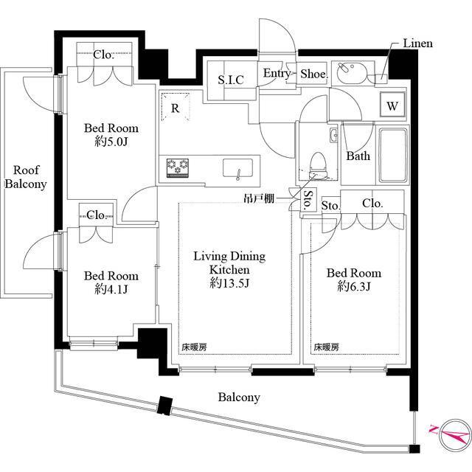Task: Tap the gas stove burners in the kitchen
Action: pos(178,167)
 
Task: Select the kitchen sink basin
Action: pos(237,168)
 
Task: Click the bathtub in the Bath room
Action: pos(393,156)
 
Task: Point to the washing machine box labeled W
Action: pos(392,105)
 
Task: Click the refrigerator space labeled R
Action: pos(176,107)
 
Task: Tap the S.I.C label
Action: pos(231,80)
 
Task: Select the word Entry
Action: pos(276,74)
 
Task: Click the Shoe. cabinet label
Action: pos(314,74)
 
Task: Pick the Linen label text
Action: pos(418,44)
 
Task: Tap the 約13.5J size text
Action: pos(229,283)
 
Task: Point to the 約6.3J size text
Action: pos(354,286)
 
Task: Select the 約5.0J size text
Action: pos(111,142)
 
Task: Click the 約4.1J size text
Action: pos(111,289)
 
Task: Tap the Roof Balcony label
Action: pos(26,177)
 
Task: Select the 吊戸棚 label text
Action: pos(259,198)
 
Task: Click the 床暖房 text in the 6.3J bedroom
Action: pos(326,347)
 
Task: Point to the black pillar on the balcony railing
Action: pos(164,406)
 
